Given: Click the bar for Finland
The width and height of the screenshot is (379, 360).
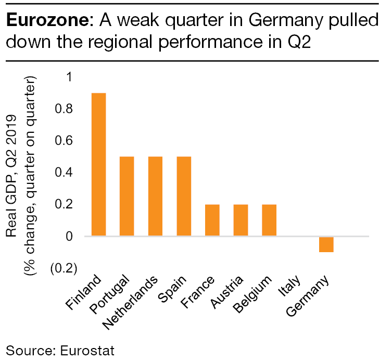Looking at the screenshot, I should coord(98,164).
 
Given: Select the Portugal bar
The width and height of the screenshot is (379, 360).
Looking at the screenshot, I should coord(127,196).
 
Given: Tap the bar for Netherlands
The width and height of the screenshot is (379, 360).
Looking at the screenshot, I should coord(155,196).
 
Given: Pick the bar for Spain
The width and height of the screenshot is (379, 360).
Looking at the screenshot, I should coord(184,196).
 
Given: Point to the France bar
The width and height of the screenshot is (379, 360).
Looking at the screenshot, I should coord(212,220).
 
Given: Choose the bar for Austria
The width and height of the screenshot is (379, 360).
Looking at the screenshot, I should coord(241,220).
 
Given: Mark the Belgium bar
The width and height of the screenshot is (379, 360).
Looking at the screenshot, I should coord(269,220).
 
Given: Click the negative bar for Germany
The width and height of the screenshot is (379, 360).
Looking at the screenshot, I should coord(326,244).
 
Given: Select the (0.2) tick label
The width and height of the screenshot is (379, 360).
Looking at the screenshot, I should coord(63,269).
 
